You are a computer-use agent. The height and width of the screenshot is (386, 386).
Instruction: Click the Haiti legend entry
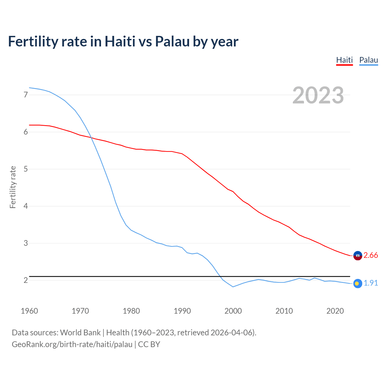344,60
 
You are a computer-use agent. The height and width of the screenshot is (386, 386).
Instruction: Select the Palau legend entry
369,60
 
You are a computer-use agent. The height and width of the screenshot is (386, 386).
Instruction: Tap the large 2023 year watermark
318,95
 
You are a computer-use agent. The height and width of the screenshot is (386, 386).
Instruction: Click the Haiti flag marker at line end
358,255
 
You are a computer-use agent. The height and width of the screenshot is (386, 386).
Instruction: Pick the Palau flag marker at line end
357,283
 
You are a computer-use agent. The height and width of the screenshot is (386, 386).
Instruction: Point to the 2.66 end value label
371,255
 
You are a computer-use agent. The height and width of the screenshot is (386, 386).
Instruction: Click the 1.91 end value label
371,283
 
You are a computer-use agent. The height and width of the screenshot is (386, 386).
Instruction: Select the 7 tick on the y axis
26,95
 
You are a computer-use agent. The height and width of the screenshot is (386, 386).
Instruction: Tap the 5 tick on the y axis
26,169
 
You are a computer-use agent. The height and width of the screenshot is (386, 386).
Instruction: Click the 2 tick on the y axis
26,280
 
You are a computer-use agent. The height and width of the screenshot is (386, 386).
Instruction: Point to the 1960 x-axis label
29,311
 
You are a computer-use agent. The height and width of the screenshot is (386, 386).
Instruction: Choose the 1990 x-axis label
182,311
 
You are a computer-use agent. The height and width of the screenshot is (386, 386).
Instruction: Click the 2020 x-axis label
335,311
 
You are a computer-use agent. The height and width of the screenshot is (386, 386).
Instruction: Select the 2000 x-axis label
233,311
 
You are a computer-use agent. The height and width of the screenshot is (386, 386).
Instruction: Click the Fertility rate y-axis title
13,187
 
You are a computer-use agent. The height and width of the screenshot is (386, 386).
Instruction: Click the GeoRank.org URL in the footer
72,344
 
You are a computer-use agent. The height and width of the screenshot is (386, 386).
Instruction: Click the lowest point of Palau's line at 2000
233,287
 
